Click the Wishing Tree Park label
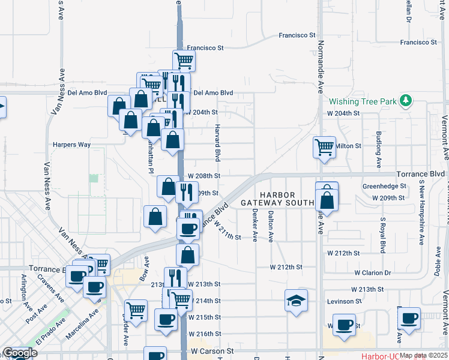coord(363,101)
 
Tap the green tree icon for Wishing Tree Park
coord(406,100)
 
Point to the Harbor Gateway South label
coord(277,199)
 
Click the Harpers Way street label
coord(71,145)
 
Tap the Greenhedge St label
coord(384,186)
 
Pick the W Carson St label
coord(211,350)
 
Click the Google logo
coord(20,353)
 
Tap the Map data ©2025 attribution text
coord(423,355)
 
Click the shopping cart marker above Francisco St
coord(184,59)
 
